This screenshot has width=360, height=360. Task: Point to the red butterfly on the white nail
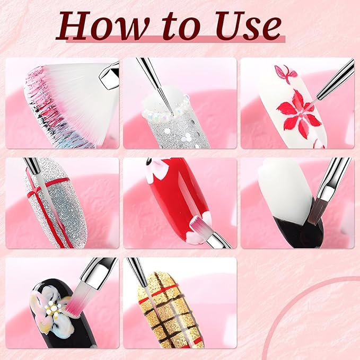[285, 73]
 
